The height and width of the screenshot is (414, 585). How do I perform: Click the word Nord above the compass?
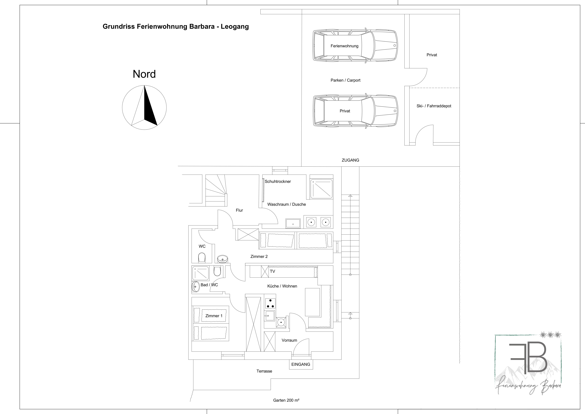click(x=144, y=74)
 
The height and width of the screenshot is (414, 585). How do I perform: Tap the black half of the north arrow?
click(x=149, y=110)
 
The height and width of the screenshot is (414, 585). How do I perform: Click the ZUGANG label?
click(x=350, y=160)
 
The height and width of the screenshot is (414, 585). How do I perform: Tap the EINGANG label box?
click(x=301, y=364)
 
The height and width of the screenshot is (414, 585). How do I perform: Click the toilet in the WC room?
click(x=202, y=257)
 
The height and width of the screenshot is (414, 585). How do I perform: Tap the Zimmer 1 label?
click(x=214, y=316)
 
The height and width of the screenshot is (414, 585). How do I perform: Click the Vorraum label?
click(x=289, y=340)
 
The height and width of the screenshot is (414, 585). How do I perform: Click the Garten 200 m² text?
click(x=286, y=400)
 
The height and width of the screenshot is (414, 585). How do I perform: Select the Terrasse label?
click(x=264, y=371)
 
